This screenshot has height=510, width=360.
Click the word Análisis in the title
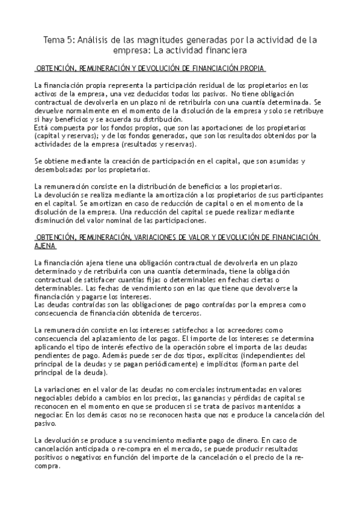95,40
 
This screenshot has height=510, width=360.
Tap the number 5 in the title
68,40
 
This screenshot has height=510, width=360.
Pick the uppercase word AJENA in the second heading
46,247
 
